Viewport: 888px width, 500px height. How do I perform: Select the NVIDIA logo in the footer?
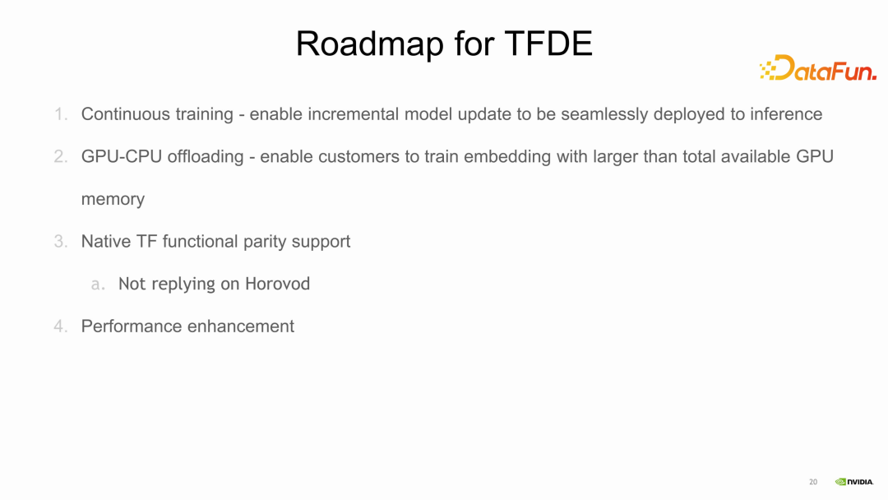click(854, 482)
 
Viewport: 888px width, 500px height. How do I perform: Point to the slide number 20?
click(813, 482)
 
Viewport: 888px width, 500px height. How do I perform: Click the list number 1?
click(61, 114)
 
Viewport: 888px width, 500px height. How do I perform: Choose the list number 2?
click(61, 156)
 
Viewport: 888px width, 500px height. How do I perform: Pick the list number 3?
click(61, 242)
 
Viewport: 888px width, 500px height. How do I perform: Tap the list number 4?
click(61, 326)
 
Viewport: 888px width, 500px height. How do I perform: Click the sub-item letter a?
click(98, 285)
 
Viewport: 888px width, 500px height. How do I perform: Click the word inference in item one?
click(786, 114)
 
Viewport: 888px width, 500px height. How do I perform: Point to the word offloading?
click(206, 156)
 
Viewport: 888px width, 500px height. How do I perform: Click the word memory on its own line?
click(113, 200)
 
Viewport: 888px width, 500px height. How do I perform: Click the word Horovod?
click(278, 285)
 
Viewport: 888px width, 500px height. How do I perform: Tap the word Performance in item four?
click(132, 326)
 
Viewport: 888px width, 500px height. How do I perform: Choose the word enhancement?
click(241, 326)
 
